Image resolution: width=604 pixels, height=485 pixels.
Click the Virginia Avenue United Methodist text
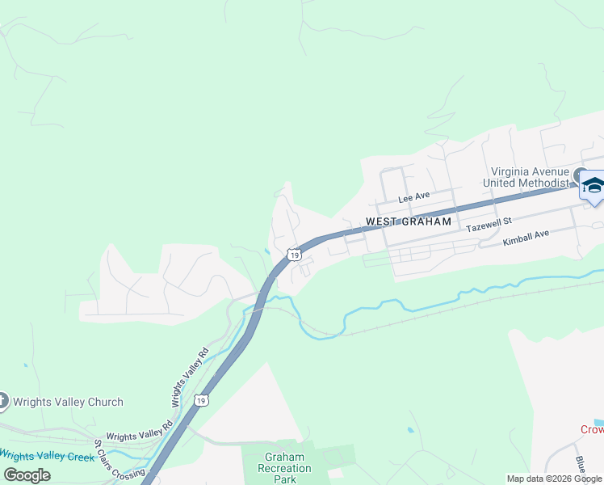pos(531,176)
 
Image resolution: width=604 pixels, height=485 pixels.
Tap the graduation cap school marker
pos(593,187)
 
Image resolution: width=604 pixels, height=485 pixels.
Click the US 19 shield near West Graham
pos(292,255)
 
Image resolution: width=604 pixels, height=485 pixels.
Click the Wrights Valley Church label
pos(68,402)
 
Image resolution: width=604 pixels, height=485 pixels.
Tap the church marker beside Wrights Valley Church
pos(2,401)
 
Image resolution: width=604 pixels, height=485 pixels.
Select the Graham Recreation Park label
pos(284,468)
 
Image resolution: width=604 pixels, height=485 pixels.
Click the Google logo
pos(27,474)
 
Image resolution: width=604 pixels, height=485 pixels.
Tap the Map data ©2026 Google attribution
pos(554,479)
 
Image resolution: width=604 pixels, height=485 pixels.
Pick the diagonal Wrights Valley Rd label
pos(189,377)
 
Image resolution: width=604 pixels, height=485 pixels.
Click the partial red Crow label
pos(592,429)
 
